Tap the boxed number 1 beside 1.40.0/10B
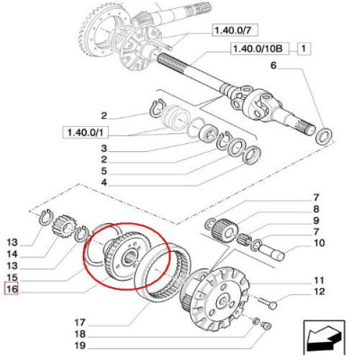(x=304, y=49)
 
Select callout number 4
(x=103, y=183)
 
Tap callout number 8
(x=316, y=208)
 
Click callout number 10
(x=319, y=243)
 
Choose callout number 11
(x=319, y=280)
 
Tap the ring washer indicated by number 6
(x=323, y=138)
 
